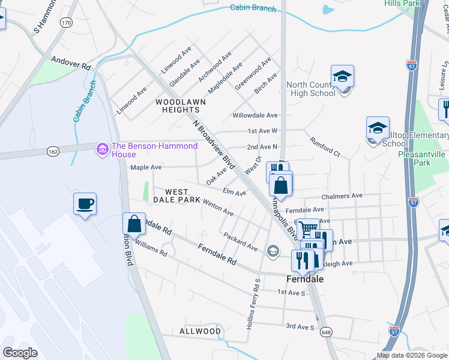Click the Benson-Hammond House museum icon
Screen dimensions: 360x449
[x=103, y=148]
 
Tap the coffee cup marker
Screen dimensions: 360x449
[x=85, y=204]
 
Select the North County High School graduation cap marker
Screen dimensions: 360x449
[x=342, y=77]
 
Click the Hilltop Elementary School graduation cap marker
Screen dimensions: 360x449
[x=378, y=129]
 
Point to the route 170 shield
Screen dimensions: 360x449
[x=66, y=23]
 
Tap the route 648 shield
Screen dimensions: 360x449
[x=326, y=332]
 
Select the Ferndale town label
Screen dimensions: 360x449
[x=305, y=280]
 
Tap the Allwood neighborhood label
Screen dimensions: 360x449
[x=200, y=331]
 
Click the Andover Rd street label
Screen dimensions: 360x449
[x=70, y=62]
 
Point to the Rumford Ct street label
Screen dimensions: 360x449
[x=325, y=148]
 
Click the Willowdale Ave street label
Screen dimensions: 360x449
[x=255, y=115]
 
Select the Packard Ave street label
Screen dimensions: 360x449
[x=240, y=242]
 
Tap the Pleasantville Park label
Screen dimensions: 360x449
[x=422, y=158]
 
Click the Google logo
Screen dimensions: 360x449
[x=20, y=353]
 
